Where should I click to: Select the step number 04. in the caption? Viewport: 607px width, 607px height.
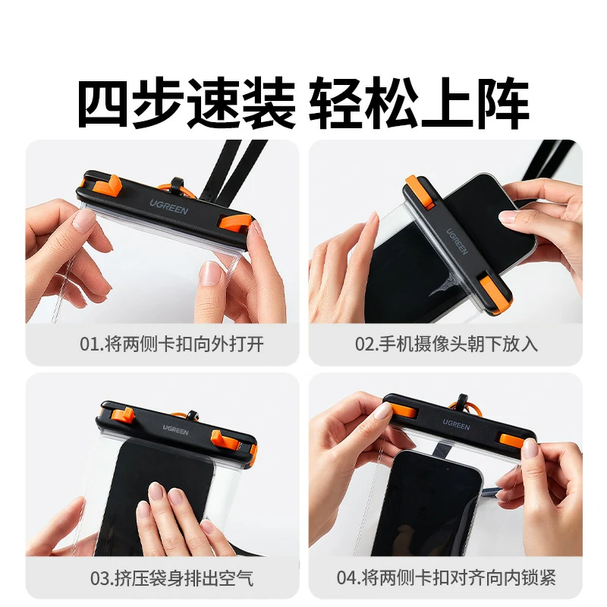point(348,578)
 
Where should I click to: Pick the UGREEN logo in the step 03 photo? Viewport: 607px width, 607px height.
point(175,429)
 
